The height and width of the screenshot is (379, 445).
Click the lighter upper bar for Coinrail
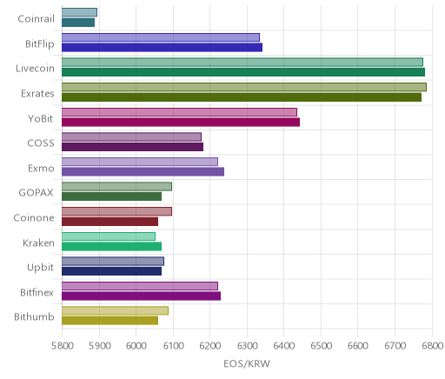pos(79,12)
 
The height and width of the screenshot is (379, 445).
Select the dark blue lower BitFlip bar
pos(162,47)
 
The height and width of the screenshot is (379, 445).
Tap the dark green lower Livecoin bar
pos(243,72)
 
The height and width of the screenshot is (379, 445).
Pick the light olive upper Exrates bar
pos(244,87)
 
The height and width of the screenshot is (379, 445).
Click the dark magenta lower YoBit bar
pos(181,122)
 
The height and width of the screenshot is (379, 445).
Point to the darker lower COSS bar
pos(132,147)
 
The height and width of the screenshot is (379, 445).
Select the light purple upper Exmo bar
pos(140,162)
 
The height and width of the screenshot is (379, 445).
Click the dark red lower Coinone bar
pos(110,222)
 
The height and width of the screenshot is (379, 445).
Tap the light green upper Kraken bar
pos(109,236)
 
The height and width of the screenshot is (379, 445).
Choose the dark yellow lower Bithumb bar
pos(110,321)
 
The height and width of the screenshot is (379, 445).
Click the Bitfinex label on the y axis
pos(37,292)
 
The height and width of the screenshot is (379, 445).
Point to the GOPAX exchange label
pos(37,193)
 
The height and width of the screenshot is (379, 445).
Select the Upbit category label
pos(40,268)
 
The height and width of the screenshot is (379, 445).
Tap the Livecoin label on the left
pos(35,69)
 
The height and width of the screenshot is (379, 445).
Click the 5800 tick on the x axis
pos(63,346)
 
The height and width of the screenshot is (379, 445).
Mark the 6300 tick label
pos(247,346)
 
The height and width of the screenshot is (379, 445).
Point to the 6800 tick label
pos(432,346)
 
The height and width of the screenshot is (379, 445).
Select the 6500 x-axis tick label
pos(321,346)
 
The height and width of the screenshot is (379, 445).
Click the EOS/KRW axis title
pos(247,363)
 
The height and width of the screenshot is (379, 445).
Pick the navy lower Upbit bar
pos(111,271)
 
